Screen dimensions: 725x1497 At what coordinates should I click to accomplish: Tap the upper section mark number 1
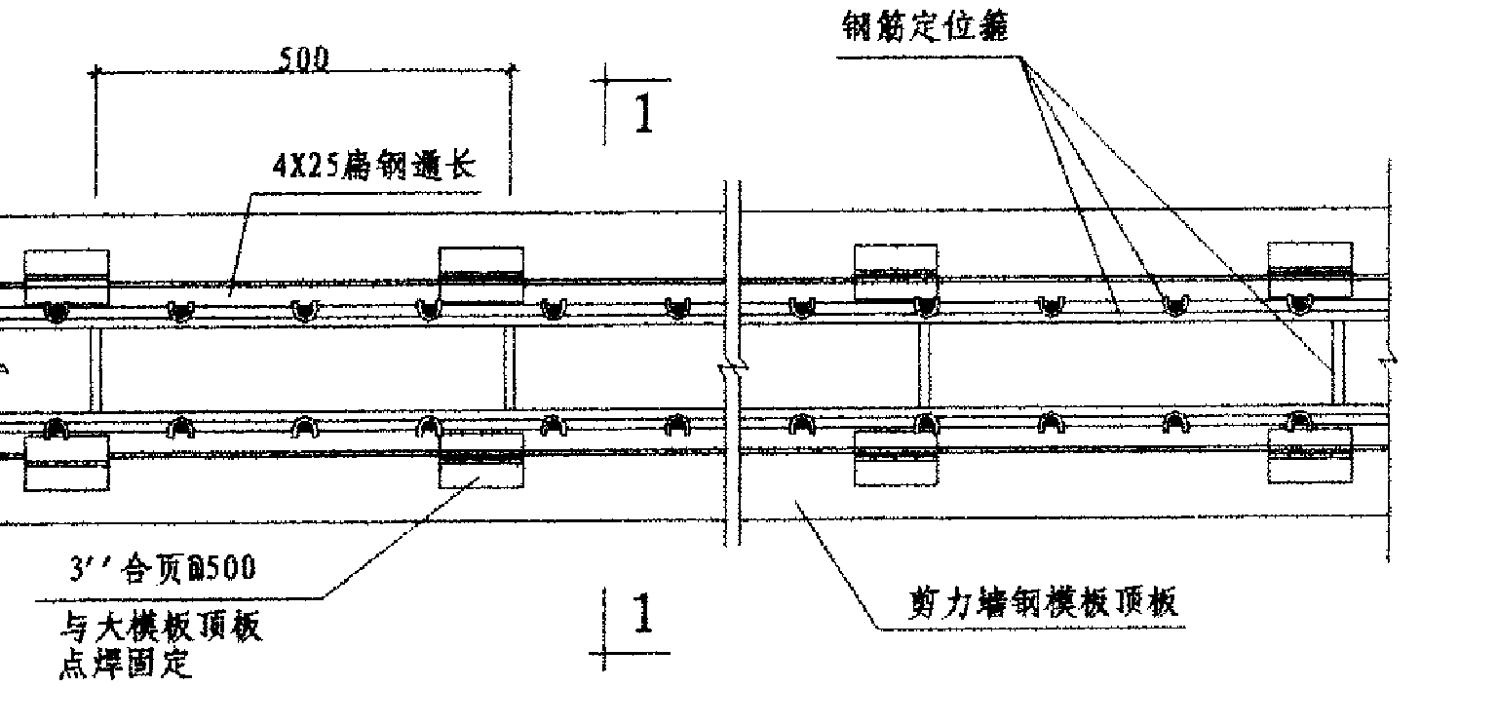(643, 113)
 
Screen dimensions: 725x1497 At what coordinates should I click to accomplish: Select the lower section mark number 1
(641, 614)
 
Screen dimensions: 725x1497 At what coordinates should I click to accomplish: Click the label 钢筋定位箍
(926, 27)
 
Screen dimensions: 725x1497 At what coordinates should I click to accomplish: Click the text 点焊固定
(126, 666)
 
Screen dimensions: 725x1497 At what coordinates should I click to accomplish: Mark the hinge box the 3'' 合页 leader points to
(480, 461)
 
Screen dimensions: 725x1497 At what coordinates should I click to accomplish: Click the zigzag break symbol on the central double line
(732, 369)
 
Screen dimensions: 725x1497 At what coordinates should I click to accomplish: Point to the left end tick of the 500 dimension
(96, 72)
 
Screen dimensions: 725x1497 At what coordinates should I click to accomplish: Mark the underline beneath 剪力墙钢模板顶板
(1033, 629)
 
